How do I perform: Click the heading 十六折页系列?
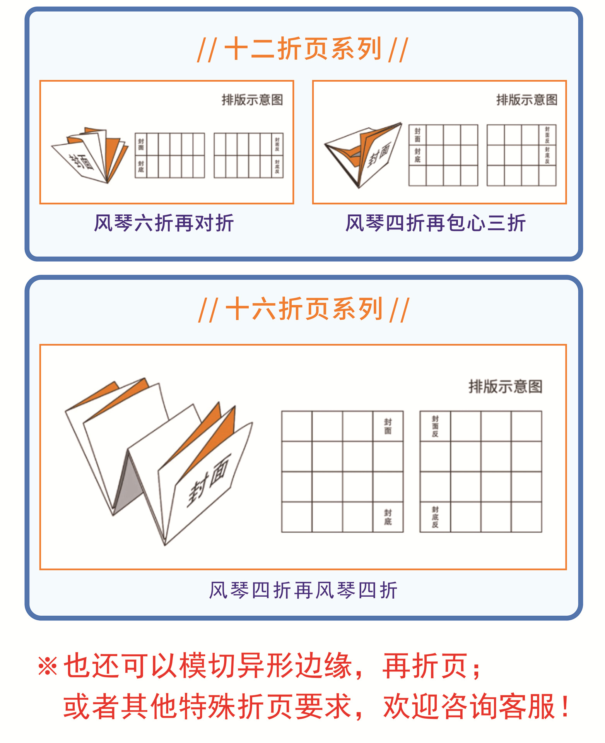(303, 309)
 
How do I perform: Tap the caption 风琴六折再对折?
(164, 223)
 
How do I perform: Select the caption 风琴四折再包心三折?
(436, 223)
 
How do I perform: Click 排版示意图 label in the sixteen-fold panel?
(506, 386)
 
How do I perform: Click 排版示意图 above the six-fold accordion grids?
(252, 100)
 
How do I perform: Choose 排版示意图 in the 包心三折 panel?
(527, 100)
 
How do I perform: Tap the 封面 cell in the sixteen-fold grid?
(388, 426)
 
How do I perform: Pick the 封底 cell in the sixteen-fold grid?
(388, 517)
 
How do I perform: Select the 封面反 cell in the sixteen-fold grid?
(435, 426)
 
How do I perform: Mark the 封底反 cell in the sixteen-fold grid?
(435, 517)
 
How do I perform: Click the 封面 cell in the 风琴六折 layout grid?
(141, 144)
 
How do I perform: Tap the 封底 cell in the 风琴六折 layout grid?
(141, 167)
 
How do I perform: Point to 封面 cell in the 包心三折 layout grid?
(417, 135)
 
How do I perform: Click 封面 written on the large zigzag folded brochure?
(209, 480)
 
